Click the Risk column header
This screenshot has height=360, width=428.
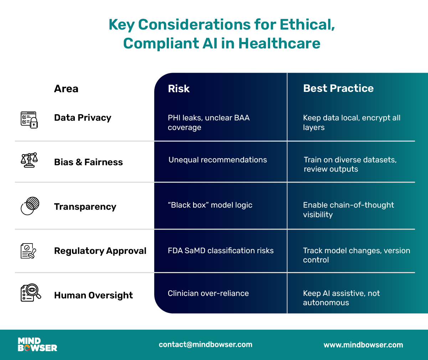coord(179,89)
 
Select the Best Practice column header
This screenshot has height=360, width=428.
coord(338,88)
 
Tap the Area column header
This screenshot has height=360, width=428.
coord(66,89)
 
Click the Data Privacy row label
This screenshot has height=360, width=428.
coord(83,118)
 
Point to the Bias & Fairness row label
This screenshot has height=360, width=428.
coord(88,162)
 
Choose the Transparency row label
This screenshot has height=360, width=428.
coord(85,207)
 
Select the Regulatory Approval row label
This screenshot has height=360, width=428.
coord(100,251)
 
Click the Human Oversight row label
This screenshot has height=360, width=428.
coord(93,295)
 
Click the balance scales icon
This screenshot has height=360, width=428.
coord(29,160)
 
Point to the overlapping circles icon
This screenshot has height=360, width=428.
coord(30,206)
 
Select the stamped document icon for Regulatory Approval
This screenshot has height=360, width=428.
coord(29,251)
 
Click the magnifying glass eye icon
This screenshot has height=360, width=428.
coord(31,293)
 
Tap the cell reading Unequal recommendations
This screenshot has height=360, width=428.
coord(218,160)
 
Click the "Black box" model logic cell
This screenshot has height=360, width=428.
coord(210,205)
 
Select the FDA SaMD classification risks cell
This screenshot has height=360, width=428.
coord(221,251)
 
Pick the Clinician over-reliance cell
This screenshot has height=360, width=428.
coord(208,293)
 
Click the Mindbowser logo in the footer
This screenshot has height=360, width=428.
coord(37,344)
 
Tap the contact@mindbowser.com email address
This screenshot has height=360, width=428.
coord(206,344)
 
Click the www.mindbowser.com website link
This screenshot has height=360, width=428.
coord(363,345)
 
